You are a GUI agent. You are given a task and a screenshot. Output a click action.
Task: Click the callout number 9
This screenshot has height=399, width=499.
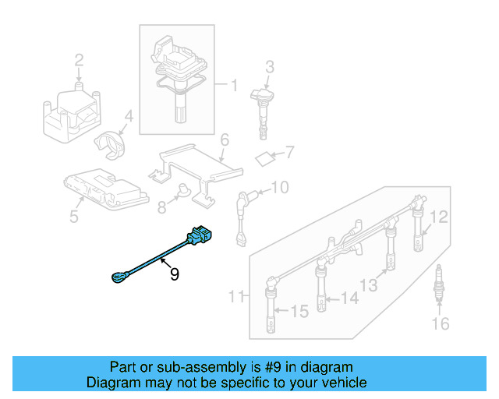[x=175, y=274]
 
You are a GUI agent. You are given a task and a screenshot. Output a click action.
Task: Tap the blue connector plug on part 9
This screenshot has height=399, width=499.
[x=198, y=235]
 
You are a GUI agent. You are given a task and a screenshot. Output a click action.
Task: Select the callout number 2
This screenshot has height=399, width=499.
[x=79, y=59]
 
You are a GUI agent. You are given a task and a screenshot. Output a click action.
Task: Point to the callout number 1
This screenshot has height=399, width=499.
[x=232, y=83]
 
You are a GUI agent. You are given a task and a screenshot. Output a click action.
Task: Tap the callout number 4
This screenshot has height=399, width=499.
[x=130, y=117]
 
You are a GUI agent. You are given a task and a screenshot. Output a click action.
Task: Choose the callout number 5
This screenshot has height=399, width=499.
[x=74, y=216]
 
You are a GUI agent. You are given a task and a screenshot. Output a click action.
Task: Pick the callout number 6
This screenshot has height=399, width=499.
[x=224, y=140]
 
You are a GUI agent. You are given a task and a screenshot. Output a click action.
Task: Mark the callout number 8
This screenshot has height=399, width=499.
[x=162, y=207]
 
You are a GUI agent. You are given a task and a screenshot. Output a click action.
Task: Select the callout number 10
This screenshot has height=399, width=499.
[x=279, y=187]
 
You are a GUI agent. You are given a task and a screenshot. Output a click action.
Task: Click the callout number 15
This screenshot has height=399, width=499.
[x=299, y=312]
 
